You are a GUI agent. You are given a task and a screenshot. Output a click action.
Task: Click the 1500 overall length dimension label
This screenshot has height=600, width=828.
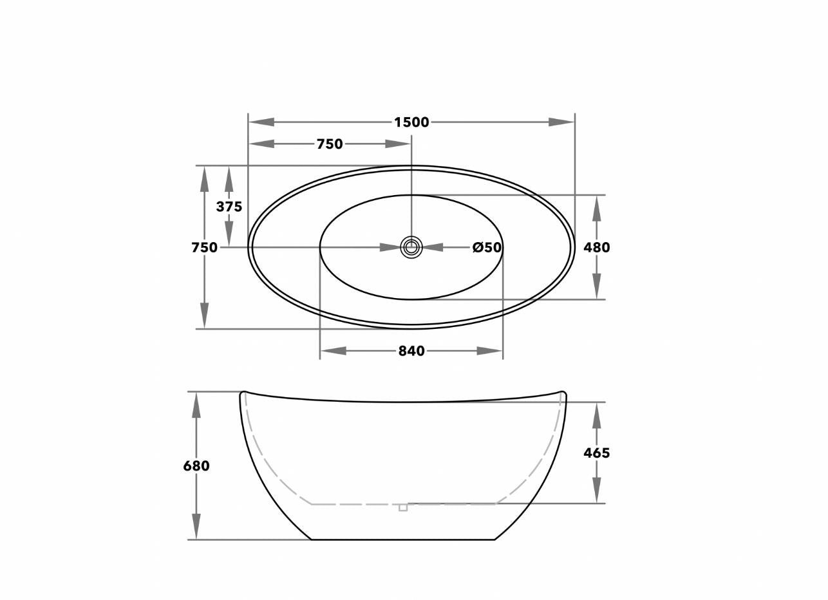411,122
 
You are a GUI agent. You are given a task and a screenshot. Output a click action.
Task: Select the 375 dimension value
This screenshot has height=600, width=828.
229,207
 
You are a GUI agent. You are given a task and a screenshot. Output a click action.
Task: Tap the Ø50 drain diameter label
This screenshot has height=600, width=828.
487,247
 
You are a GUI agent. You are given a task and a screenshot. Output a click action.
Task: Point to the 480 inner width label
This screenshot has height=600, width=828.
597,247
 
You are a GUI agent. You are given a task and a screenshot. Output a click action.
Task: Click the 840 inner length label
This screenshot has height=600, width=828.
411,351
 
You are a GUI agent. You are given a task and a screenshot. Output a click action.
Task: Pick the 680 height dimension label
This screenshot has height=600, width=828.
196,465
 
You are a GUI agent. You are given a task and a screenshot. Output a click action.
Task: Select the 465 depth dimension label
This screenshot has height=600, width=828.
597,453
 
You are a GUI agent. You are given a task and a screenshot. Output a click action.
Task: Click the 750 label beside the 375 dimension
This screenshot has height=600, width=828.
204,247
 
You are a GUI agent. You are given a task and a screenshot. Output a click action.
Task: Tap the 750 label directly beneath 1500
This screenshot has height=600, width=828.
330,144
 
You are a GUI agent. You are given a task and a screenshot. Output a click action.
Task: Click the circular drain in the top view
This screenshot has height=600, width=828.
411,247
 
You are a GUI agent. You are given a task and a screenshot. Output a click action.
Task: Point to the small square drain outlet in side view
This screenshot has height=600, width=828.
403,507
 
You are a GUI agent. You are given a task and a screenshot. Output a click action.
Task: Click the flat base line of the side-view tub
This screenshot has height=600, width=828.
403,539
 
